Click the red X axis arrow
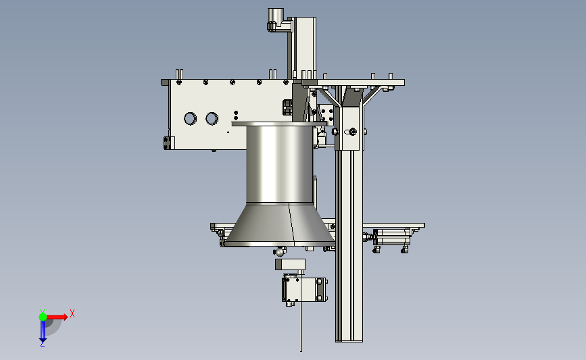[57, 317]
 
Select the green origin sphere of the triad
[43, 317]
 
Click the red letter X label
[72, 313]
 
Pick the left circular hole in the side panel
[190, 119]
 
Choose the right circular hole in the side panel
[212, 119]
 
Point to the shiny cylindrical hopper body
[280, 164]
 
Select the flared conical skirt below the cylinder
[280, 225]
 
